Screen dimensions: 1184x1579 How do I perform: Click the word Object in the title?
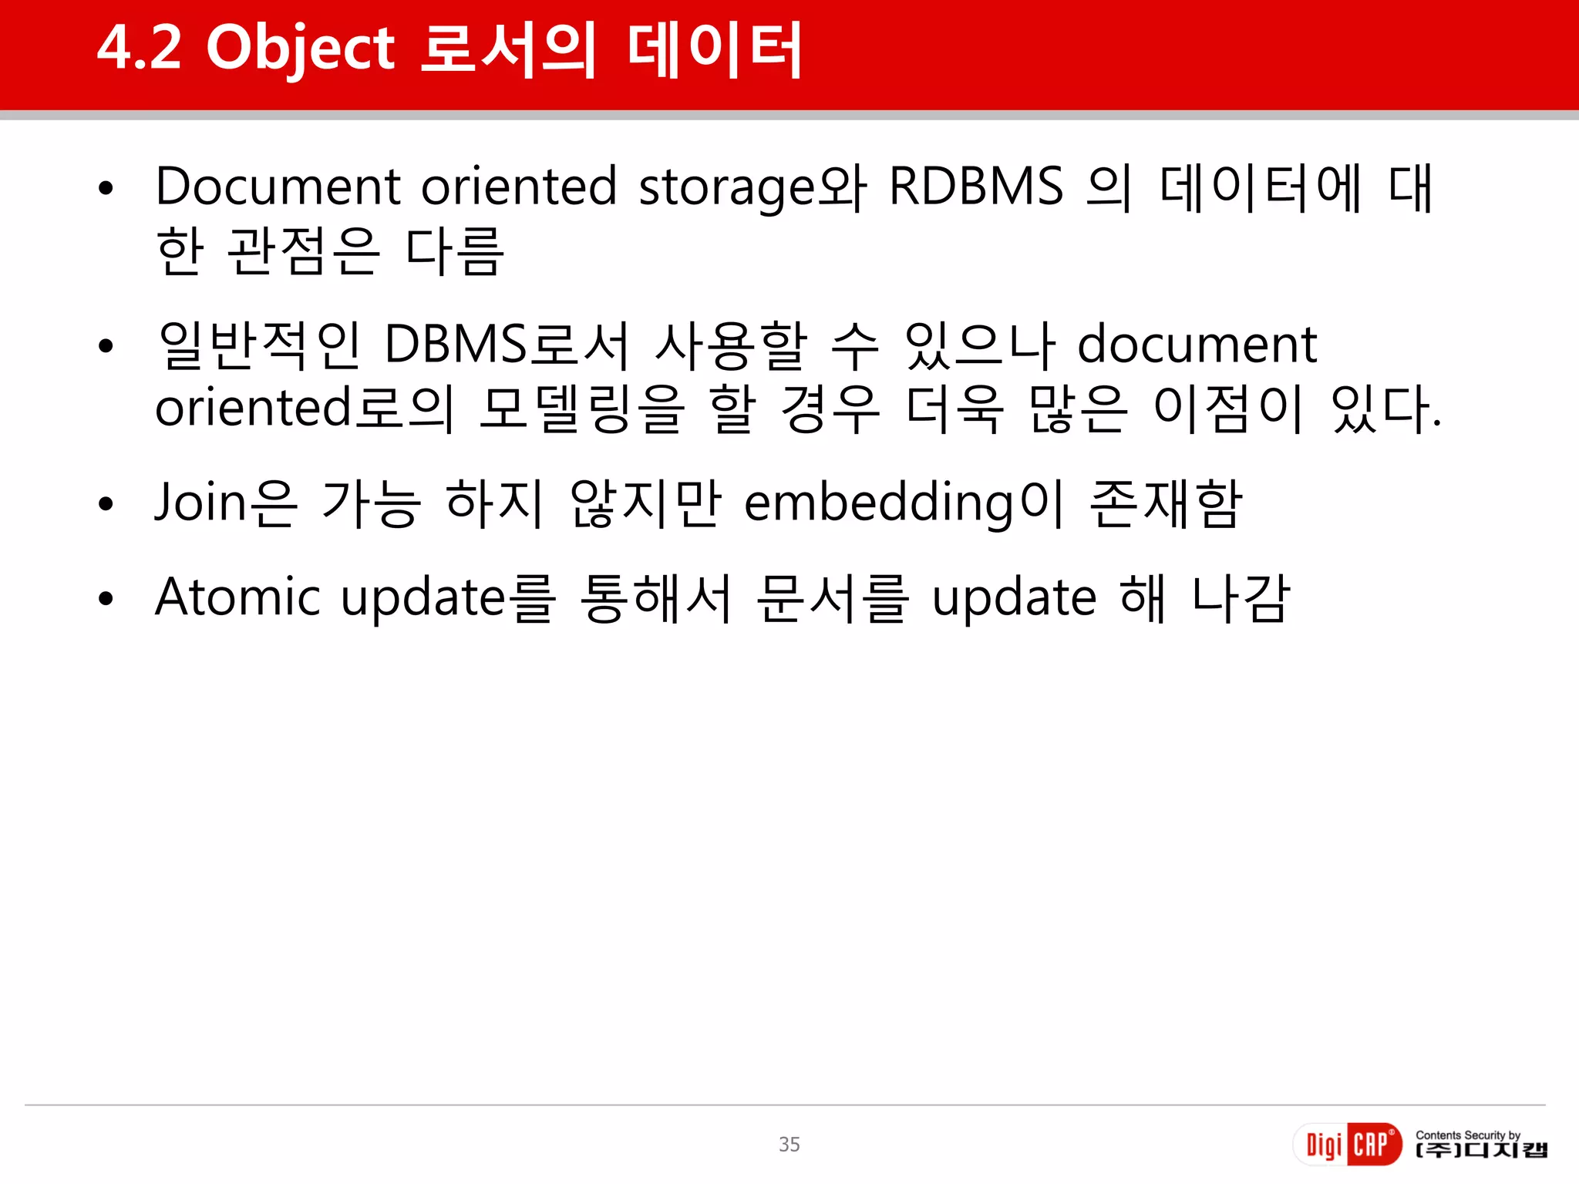tap(300, 49)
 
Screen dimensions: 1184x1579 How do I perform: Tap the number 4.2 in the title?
tap(140, 48)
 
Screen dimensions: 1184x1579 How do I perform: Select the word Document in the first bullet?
tap(278, 187)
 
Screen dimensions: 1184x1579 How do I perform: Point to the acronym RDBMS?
tap(976, 187)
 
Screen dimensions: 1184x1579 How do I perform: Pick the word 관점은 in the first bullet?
tap(304, 251)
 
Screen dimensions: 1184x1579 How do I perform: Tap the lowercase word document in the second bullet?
tap(1197, 344)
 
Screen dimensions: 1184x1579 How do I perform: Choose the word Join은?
tap(225, 503)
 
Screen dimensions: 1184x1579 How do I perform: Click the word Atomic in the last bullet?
tap(237, 597)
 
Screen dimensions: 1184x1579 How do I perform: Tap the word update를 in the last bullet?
tap(448, 598)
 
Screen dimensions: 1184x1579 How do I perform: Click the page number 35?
tap(789, 1144)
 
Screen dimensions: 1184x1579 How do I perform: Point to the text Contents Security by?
tap(1467, 1135)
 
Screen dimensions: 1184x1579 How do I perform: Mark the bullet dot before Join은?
tap(106, 504)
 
